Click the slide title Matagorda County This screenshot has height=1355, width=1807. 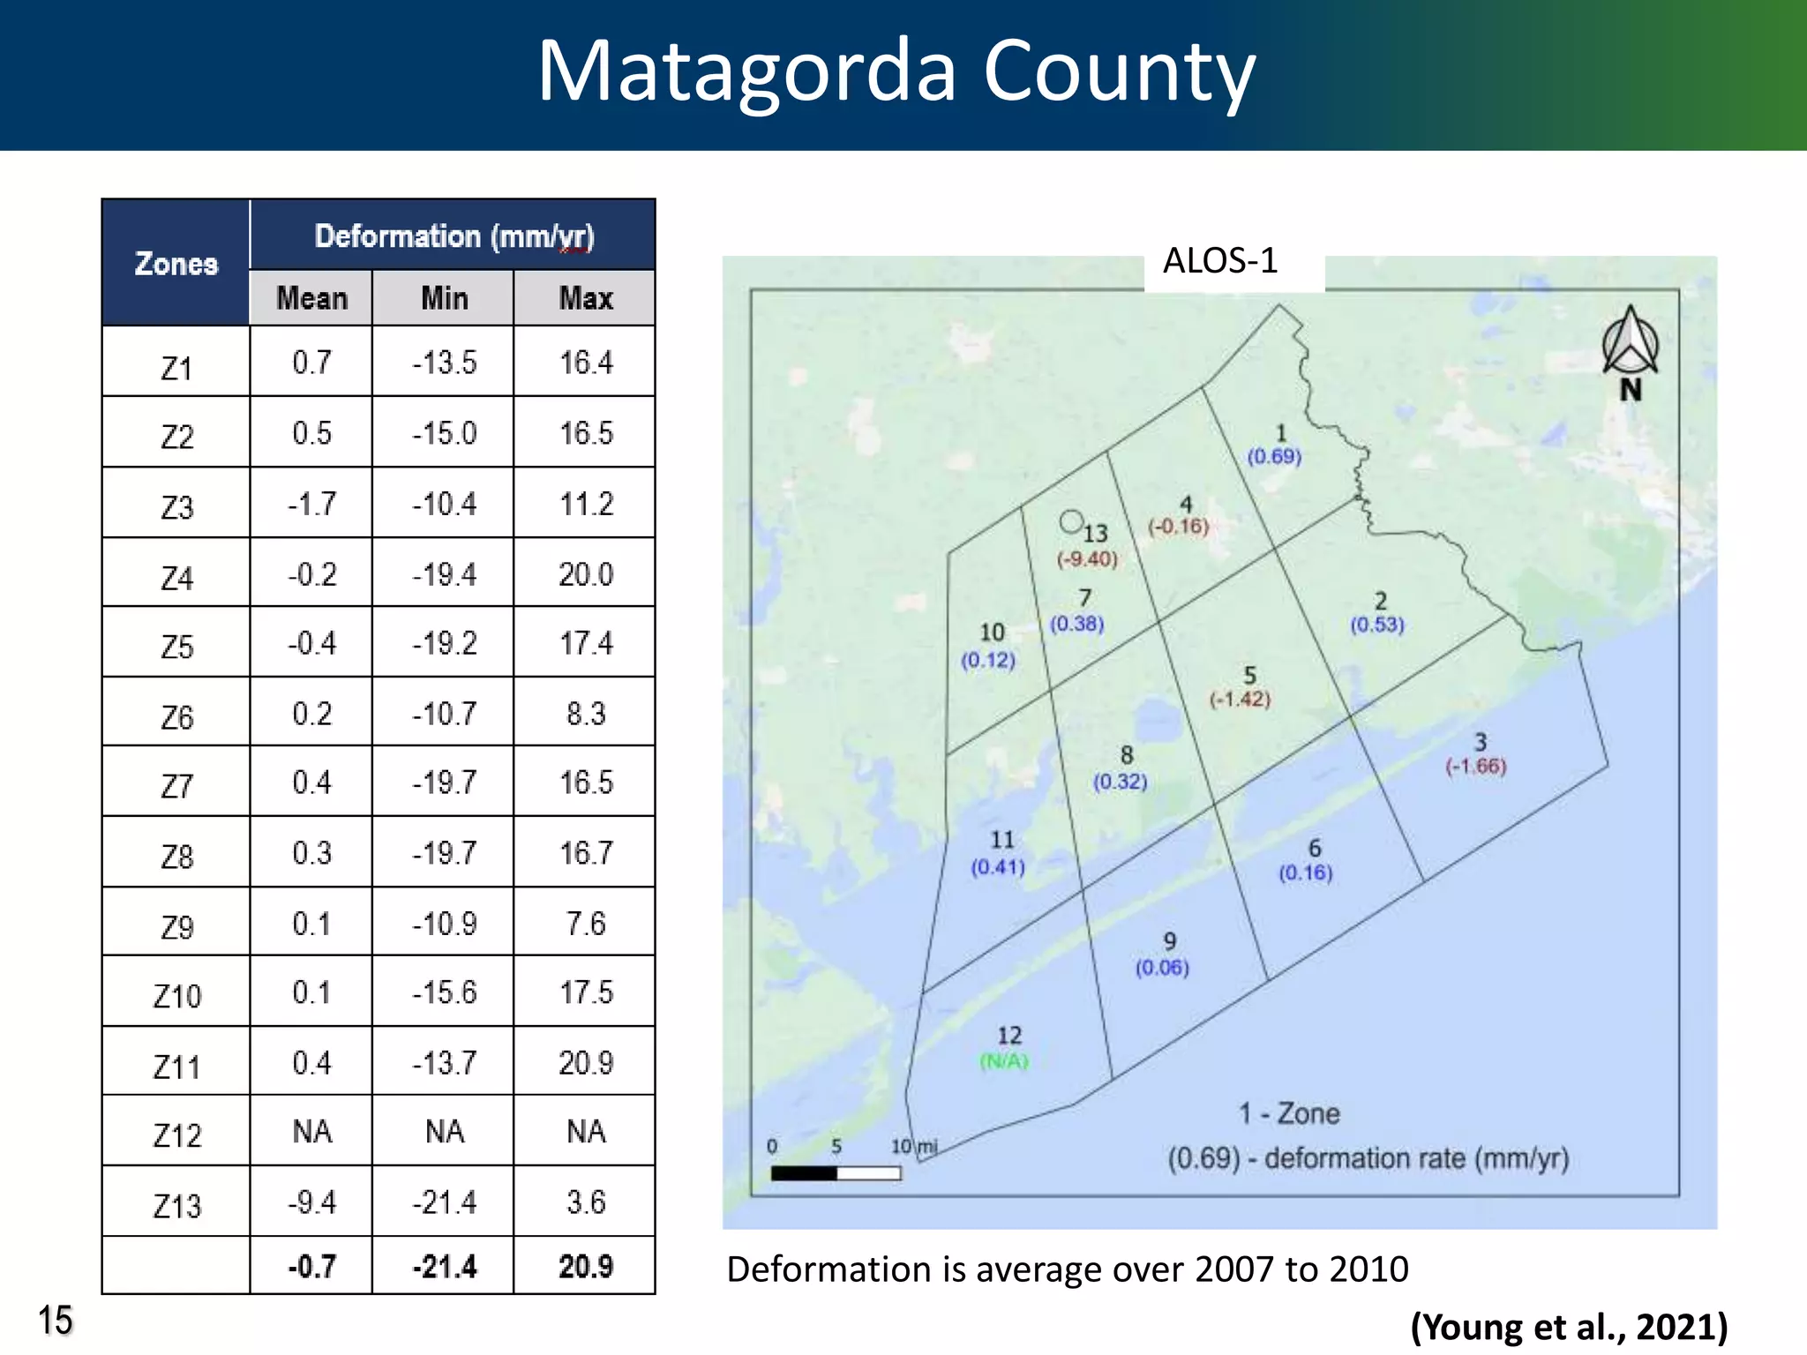[896, 72]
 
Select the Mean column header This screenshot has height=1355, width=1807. [311, 298]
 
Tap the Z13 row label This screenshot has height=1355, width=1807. [176, 1205]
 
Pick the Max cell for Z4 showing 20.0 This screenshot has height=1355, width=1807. [585, 574]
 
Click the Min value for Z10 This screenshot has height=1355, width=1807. [444, 992]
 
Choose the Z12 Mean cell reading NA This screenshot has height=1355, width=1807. [311, 1132]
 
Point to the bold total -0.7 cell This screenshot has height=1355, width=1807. [311, 1267]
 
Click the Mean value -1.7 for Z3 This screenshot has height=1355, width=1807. [311, 504]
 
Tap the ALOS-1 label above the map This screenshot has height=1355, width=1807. [1219, 261]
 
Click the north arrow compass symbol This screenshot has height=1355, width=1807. [1630, 344]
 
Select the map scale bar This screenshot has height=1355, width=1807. [835, 1173]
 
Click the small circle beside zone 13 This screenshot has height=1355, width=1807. [1071, 522]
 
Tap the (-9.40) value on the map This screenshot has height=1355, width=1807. [1087, 559]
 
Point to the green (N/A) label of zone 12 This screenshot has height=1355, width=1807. [1004, 1061]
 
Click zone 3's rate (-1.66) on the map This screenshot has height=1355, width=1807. [1475, 766]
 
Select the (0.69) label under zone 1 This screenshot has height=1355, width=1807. [1273, 456]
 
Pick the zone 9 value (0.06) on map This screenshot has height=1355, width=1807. [1162, 968]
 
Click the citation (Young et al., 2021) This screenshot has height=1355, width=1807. [1568, 1327]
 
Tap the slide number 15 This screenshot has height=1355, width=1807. [55, 1321]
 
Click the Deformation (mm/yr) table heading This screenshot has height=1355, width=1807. [454, 236]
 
